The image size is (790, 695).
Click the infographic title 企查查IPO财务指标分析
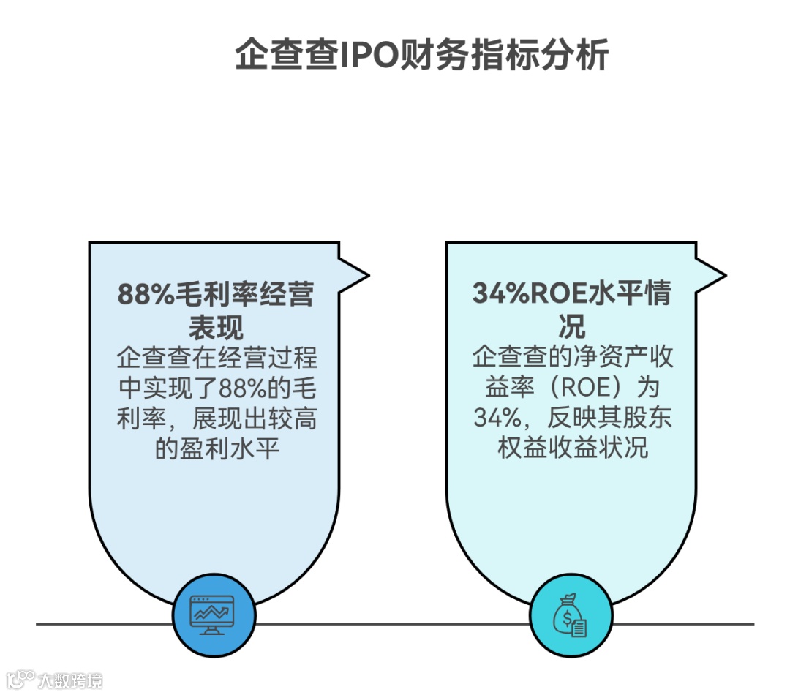pyautogui.click(x=421, y=55)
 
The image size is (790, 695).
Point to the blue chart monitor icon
pyautogui.click(x=214, y=613)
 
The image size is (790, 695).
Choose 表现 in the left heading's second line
pyautogui.click(x=216, y=326)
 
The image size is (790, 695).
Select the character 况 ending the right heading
pyautogui.click(x=572, y=326)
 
